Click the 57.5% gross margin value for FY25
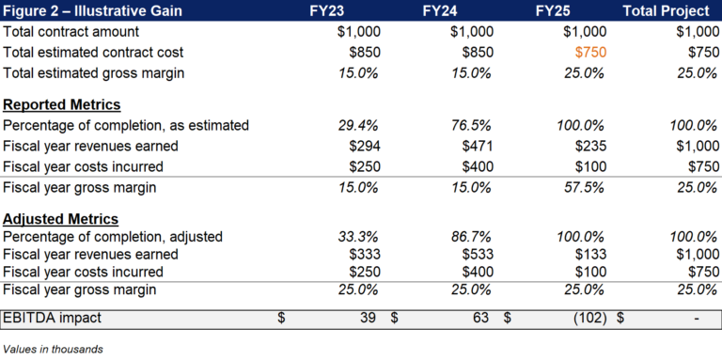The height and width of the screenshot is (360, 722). [x=583, y=187]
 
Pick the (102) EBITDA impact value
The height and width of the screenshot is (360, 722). [x=587, y=319]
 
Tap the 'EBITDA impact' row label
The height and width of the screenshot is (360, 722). [x=52, y=319]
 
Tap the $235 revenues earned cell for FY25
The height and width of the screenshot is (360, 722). [x=589, y=146]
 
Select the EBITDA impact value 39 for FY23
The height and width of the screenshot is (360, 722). [x=368, y=319]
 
